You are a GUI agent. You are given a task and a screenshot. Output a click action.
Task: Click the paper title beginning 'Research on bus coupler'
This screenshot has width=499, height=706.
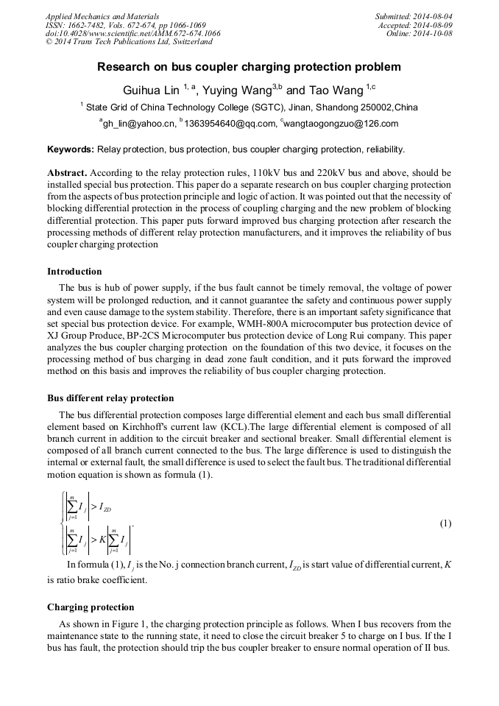pos(249,67)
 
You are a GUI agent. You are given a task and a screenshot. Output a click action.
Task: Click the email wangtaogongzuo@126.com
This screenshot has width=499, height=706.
pos(341,124)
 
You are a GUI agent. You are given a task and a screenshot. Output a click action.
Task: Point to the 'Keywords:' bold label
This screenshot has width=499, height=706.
pos(70,149)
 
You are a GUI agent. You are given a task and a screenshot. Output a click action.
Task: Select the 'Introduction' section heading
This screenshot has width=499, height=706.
pos(74,272)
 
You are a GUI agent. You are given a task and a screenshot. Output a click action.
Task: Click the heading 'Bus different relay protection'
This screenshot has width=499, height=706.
pos(110,398)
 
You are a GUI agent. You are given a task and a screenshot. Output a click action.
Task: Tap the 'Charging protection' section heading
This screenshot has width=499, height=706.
pos(91,607)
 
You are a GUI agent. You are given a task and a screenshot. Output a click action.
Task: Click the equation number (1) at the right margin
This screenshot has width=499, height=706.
pos(445,523)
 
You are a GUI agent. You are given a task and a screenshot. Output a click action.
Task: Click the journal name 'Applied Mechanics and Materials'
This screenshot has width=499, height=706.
pos(102,15)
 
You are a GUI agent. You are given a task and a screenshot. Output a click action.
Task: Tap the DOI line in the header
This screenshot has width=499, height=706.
pos(132,33)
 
